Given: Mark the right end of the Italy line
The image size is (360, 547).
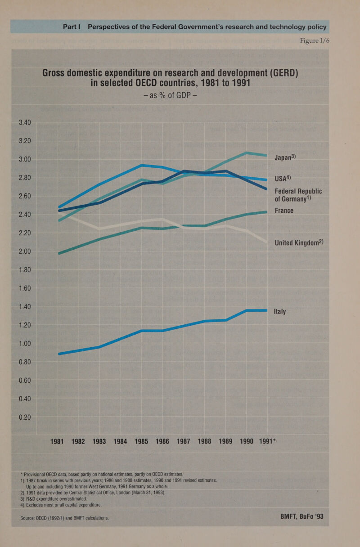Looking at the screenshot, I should tap(266, 310).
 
